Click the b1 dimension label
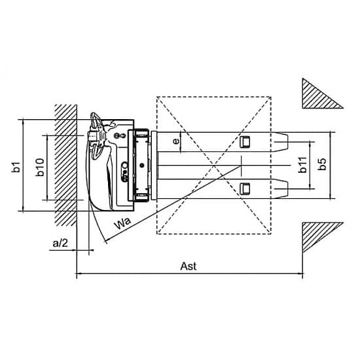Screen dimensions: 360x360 point(16,167)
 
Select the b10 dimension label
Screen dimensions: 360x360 point(40,167)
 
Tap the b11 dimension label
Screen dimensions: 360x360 point(302,164)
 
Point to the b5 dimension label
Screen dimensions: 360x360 point(322,164)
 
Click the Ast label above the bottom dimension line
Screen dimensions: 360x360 point(189,266)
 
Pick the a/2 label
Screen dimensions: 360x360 point(60,243)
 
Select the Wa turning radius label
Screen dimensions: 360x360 point(123,223)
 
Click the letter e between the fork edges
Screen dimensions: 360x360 point(176,141)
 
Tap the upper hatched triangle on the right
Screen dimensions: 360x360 point(319,96)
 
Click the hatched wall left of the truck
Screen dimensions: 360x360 point(65,165)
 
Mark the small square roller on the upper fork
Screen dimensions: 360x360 point(245,141)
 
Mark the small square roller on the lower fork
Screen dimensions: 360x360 point(245,189)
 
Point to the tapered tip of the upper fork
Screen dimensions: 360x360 point(281,142)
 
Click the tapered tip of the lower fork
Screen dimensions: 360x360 point(281,189)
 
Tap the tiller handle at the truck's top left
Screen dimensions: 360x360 point(96,135)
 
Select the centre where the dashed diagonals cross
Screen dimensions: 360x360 point(214,166)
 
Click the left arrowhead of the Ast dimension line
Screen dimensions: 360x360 point(79,274)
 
